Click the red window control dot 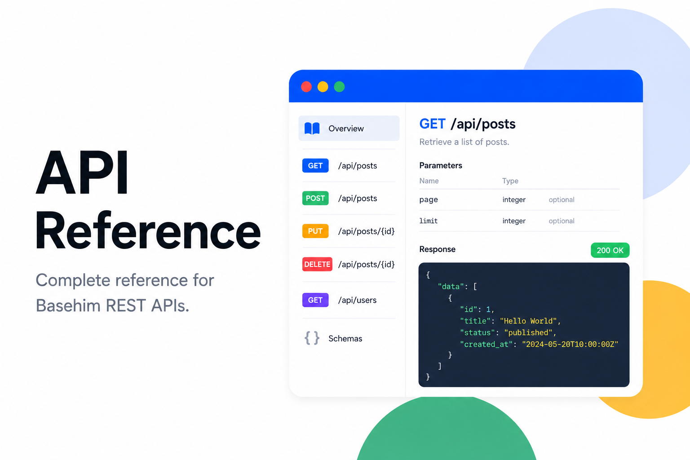coord(306,87)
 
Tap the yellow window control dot coord(323,87)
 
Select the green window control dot coord(340,87)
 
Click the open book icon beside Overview coord(312,128)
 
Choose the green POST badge coord(315,198)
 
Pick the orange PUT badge coord(315,231)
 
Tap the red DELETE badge coord(317,264)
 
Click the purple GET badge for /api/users coord(315,300)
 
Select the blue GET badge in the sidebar coord(315,166)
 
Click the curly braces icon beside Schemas coord(312,338)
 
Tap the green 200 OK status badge coord(610,250)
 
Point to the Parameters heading coord(441,165)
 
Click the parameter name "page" coord(429,199)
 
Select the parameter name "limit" coord(429,221)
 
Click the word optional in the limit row coord(562,221)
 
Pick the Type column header coord(510,181)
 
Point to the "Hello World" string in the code coord(528,321)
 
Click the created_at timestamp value coord(570,344)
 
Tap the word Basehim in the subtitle coord(69,305)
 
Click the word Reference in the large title coord(148,230)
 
